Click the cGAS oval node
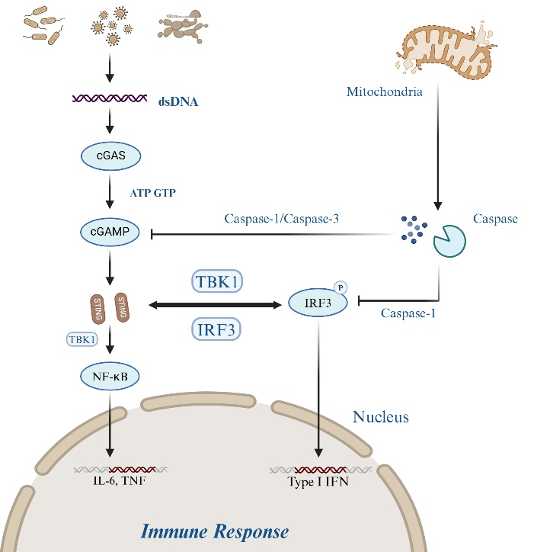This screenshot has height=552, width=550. coord(108,156)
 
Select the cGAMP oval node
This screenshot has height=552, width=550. coord(108,231)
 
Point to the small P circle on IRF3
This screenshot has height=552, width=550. coord(340,289)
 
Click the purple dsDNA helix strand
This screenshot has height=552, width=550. coord(109,99)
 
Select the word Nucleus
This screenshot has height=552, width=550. coord(381,417)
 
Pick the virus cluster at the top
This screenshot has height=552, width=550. coord(111,24)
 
